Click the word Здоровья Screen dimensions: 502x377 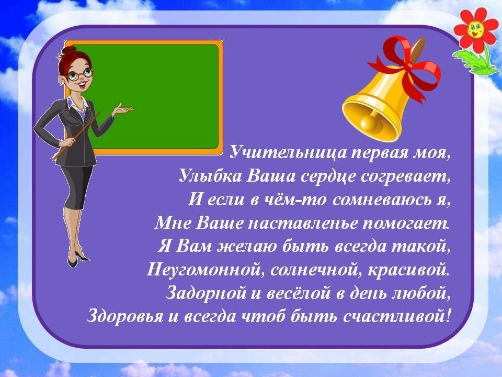point(125,317)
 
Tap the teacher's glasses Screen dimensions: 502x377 point(80,75)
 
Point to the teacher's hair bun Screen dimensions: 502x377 point(69,51)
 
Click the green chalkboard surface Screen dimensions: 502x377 point(157,96)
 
